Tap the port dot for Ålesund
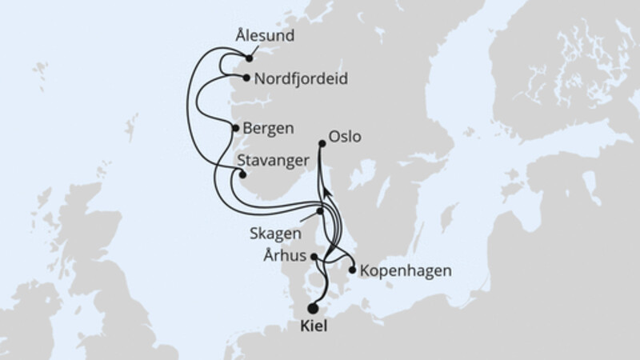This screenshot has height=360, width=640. click(250, 58)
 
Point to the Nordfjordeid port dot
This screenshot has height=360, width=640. click(246, 78)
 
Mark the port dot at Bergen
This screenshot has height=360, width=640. click(234, 128)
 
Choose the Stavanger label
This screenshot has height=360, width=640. click(274, 161)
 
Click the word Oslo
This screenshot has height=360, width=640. click(345, 138)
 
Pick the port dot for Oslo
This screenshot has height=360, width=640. click(322, 144)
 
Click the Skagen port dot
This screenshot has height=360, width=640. click(320, 211)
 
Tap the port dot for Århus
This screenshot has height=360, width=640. click(314, 258)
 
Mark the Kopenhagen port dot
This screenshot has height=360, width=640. click(353, 270)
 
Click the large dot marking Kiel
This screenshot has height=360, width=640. click(312, 308)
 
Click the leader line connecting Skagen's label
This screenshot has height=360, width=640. click(308, 219)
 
